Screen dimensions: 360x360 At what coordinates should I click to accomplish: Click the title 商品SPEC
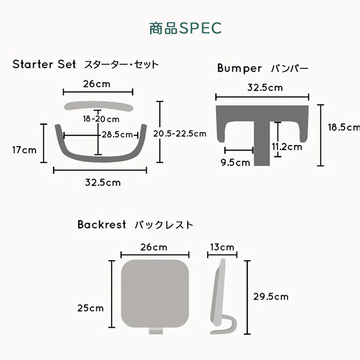tap(185, 28)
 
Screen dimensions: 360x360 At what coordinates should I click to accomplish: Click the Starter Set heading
tap(44, 64)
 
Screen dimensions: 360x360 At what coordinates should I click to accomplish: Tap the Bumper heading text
tap(240, 68)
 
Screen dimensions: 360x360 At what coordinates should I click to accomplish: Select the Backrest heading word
tap(102, 224)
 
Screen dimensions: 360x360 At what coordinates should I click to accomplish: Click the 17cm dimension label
tap(24, 150)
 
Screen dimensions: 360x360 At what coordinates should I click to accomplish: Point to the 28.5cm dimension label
tap(117, 134)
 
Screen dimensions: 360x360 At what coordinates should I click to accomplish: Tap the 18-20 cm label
tap(101, 119)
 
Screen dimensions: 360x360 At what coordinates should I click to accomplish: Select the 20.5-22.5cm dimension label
tap(180, 134)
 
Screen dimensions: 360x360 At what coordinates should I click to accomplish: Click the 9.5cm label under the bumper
tap(236, 163)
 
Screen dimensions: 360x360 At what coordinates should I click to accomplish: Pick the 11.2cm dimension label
tap(287, 147)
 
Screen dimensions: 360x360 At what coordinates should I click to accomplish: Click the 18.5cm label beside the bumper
tap(344, 127)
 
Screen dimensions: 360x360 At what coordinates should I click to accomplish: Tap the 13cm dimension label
tap(222, 247)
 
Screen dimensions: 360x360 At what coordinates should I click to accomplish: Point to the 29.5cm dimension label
tap(271, 297)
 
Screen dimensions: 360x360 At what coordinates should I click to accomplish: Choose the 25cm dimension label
tap(91, 308)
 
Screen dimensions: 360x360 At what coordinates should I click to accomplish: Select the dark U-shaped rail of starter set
tap(101, 158)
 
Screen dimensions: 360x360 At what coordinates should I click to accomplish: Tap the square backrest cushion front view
tap(155, 294)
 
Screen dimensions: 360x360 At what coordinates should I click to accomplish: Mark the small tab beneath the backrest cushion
tap(156, 331)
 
